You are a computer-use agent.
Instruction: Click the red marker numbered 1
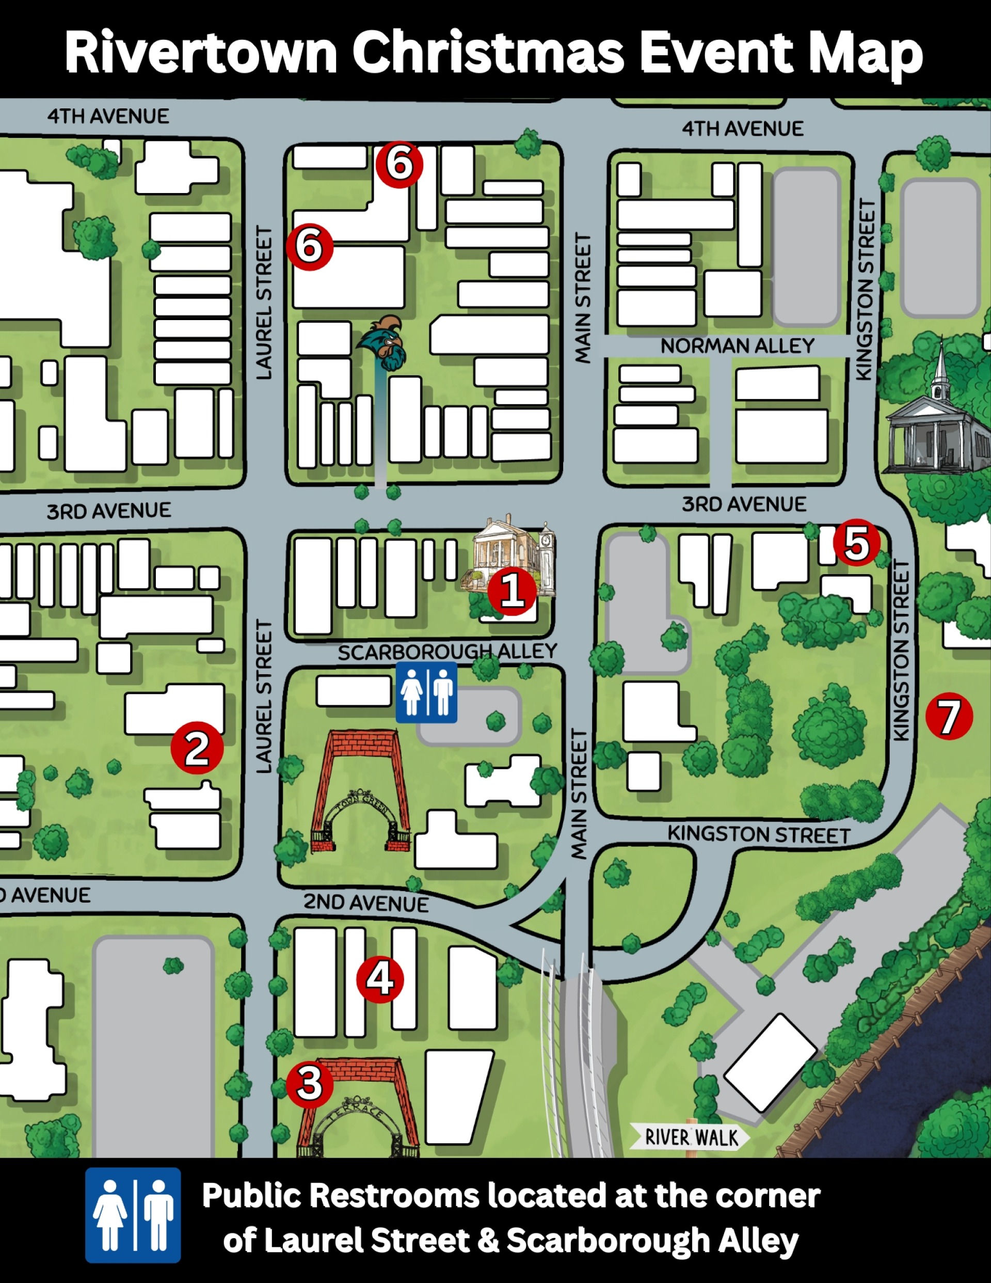pos(512,591)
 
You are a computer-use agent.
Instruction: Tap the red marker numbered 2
pos(197,748)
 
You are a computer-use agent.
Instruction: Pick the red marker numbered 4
pos(380,979)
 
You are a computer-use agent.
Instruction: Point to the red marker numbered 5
pos(856,542)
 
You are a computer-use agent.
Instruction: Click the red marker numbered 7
pos(949,716)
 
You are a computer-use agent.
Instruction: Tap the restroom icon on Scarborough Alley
pos(426,692)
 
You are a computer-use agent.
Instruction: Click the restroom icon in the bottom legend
pos(133,1215)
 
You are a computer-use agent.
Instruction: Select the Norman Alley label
pos(737,346)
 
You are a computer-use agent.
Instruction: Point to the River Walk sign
pos(691,1137)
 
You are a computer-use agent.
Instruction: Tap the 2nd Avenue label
pos(365,903)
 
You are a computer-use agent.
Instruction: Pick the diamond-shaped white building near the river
pos(770,1063)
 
